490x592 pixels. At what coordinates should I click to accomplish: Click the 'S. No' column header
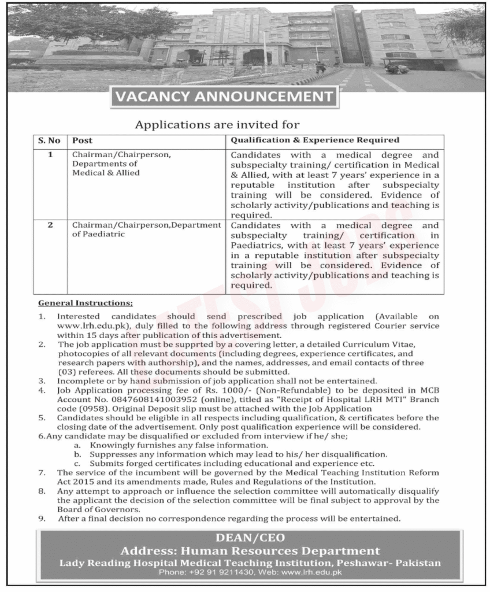tap(49, 140)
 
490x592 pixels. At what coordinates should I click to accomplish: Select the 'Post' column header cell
tap(82, 140)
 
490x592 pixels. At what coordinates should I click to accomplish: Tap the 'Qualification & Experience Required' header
tap(315, 140)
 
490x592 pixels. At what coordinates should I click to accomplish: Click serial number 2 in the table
tap(50, 225)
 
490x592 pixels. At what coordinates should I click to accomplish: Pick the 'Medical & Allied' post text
tap(106, 173)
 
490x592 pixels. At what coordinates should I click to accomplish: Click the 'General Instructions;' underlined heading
tap(85, 303)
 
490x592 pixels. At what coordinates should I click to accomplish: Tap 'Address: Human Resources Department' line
tap(250, 550)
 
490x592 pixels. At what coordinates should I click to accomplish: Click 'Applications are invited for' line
tap(217, 124)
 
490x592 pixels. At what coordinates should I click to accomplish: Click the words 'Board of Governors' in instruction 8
tap(98, 510)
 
